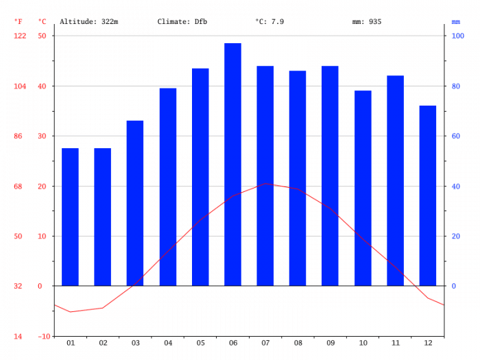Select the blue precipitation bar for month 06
tap(232, 165)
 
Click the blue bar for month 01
tap(70, 217)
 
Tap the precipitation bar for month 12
tap(428, 195)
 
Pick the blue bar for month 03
tap(135, 203)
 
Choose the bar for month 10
tap(363, 189)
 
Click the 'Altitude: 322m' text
tap(88, 22)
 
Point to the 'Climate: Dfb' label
tap(182, 22)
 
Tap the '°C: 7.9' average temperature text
tap(269, 22)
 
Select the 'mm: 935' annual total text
tap(367, 22)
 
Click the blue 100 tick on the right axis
tap(458, 36)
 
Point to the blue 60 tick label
tap(456, 136)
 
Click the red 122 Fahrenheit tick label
tap(20, 36)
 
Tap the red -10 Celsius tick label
tap(44, 337)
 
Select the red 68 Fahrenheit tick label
tap(18, 187)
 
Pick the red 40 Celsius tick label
tap(42, 86)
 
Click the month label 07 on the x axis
tap(265, 343)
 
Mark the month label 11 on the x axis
tap(396, 343)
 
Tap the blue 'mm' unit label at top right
tap(456, 22)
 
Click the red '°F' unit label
tap(18, 22)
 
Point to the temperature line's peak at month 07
tap(265, 184)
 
